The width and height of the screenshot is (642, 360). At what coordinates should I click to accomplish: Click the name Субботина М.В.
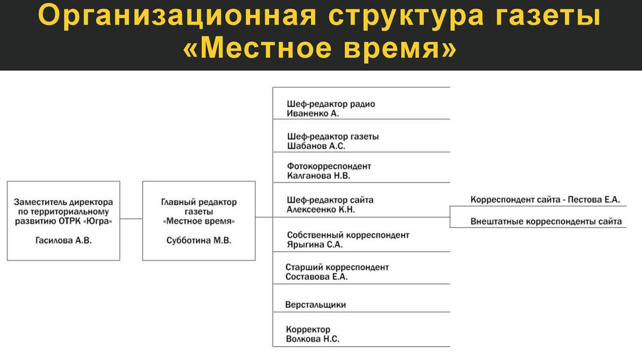(x=198, y=240)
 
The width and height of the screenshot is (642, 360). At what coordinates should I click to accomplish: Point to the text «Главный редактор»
(x=199, y=202)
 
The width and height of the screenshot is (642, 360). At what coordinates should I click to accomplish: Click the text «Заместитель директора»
(x=63, y=202)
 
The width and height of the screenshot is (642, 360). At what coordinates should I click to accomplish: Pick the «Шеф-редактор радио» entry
(x=330, y=104)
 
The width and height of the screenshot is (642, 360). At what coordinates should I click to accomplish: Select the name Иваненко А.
(x=312, y=114)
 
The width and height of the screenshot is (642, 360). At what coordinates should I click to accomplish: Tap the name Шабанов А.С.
(x=316, y=146)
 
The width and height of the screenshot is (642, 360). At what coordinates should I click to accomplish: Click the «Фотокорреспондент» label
(x=329, y=166)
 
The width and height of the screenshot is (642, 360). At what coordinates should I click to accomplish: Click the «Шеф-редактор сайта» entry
(x=330, y=200)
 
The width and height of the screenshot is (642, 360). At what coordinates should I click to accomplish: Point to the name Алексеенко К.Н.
(x=320, y=210)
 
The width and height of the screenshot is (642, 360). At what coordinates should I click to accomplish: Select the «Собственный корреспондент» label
(x=347, y=235)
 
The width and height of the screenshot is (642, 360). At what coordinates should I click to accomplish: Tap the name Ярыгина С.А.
(x=314, y=245)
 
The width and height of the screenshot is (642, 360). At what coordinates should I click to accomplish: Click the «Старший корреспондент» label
(x=337, y=267)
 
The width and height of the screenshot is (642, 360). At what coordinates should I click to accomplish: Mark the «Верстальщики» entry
(x=315, y=305)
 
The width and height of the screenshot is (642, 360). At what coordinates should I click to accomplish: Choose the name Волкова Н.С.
(x=312, y=339)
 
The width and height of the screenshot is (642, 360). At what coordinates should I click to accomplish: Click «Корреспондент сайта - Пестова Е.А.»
(x=544, y=199)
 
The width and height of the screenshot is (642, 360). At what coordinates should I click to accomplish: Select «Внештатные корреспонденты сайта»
(x=545, y=221)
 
